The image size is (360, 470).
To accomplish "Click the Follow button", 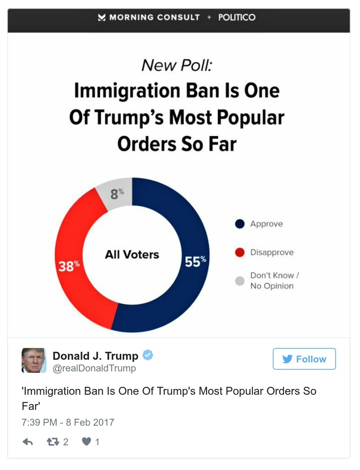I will [x=304, y=359].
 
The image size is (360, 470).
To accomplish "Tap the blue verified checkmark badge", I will [x=148, y=355].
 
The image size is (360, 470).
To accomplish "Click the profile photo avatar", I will [x=34, y=360].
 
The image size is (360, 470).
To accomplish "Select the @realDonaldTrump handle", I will [x=94, y=368].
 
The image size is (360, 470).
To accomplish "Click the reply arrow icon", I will [x=28, y=442].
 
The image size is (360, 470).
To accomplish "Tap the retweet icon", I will [x=53, y=442].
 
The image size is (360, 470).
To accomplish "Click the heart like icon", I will [x=87, y=442].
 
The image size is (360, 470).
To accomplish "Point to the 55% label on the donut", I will [x=195, y=261].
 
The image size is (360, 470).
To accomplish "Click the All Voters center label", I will [x=132, y=255].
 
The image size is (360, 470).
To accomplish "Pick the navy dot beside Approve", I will [x=240, y=224].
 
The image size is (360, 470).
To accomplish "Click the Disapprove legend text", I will [x=272, y=252].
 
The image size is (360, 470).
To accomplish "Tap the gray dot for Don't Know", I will [x=240, y=281].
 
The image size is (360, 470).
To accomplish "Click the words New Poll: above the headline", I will [x=176, y=66].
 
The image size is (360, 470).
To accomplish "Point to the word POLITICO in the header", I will [x=237, y=18].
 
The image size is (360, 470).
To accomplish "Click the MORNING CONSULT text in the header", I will [x=155, y=18].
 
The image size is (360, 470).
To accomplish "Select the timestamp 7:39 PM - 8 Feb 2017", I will [x=68, y=422].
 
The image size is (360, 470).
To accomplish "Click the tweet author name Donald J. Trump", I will [x=96, y=356].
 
